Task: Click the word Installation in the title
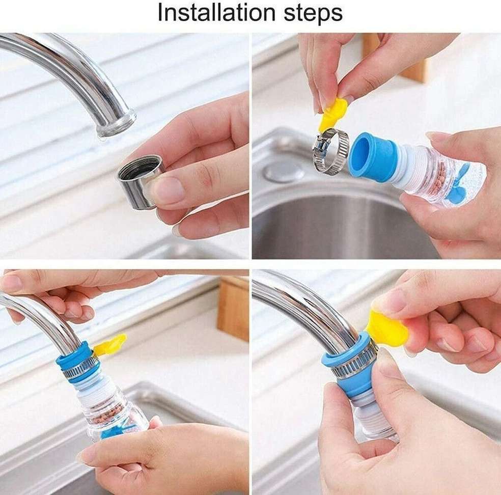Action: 216,13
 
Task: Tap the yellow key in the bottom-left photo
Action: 110,345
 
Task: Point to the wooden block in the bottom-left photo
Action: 233,308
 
